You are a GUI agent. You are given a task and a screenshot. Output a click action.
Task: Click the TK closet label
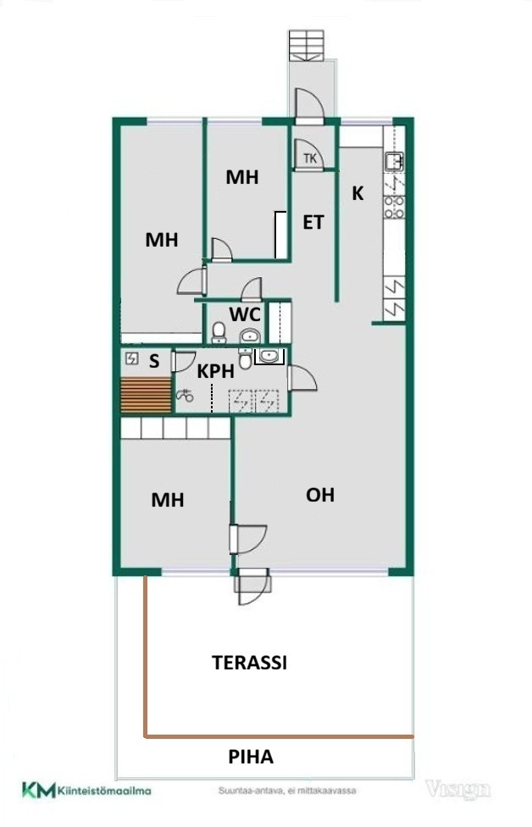point(310,158)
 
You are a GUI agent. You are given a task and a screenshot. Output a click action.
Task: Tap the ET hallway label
point(313,223)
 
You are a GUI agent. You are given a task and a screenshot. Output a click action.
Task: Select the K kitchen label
point(357,193)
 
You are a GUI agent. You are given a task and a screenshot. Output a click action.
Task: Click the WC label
point(245,314)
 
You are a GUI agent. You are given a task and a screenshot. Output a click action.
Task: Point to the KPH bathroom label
point(215,371)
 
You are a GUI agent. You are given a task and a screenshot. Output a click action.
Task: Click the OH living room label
point(320,495)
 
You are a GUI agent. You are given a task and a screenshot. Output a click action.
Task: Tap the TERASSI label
point(249,663)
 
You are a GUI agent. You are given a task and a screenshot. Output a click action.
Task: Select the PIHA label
point(251,757)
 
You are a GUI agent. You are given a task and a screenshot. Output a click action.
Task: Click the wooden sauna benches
point(146,395)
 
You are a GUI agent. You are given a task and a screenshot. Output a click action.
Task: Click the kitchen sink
point(393,160)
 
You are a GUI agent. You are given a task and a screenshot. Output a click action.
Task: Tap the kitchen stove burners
point(394,207)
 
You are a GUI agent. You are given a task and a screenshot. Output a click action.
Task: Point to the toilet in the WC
point(219,333)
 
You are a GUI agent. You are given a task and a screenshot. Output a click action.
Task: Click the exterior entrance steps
point(306,46)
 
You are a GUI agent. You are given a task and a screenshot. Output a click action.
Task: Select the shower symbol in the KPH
point(185,395)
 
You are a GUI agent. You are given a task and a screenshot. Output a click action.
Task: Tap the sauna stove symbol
point(131,359)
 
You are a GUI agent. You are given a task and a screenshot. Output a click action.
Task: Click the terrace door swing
point(253,587)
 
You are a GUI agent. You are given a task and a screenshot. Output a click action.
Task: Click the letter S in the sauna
point(154,361)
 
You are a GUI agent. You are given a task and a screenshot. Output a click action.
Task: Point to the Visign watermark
point(457,790)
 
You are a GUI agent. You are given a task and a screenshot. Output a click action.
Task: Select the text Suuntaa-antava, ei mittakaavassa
point(287,791)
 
